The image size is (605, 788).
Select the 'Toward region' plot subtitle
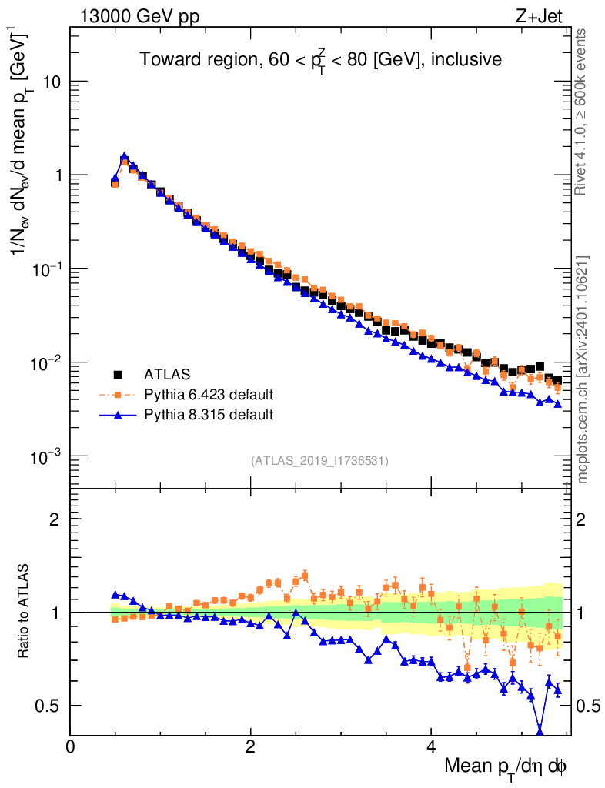point(320,60)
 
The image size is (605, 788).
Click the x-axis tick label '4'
point(431,746)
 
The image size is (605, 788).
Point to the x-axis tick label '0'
point(71,746)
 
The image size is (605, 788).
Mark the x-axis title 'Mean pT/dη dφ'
point(506,766)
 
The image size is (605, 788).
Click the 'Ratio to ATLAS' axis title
point(24,611)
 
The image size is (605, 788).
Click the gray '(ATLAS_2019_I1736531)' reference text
point(319,461)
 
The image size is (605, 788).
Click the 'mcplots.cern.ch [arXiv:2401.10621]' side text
point(582,370)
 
